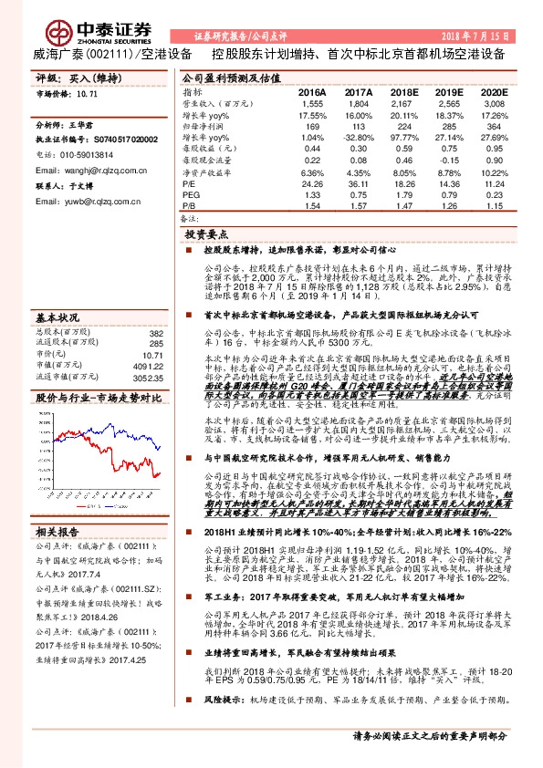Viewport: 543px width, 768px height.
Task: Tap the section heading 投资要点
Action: point(204,234)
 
